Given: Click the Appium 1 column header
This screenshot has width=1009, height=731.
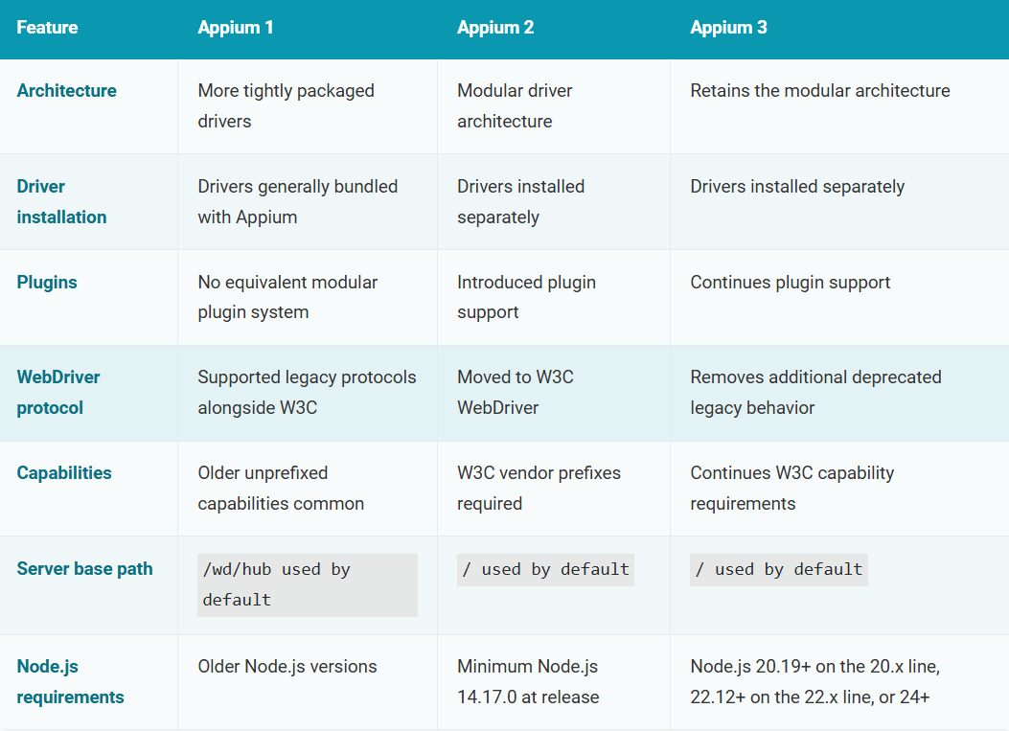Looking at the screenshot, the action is (x=236, y=28).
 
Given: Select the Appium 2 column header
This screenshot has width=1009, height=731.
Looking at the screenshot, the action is (x=495, y=28).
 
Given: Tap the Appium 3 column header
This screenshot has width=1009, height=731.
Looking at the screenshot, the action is (x=728, y=28).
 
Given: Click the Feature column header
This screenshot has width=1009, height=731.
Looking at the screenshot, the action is (x=47, y=28).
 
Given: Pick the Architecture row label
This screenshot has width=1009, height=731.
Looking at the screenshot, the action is (x=67, y=91).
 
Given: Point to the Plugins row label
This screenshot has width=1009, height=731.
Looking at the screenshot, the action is (x=47, y=283).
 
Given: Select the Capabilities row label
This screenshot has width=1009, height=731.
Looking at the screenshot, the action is (x=64, y=473).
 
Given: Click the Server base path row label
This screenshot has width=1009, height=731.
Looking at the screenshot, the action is (x=85, y=569).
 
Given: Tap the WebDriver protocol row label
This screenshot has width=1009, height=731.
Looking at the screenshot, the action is (x=58, y=393).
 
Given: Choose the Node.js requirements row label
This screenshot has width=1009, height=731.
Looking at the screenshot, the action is (x=70, y=681).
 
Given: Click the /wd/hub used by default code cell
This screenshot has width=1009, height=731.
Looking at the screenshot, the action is (x=308, y=585).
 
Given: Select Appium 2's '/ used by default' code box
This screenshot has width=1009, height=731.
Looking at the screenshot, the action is (x=545, y=570).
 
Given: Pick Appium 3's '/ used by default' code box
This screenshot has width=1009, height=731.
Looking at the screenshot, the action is (x=779, y=570).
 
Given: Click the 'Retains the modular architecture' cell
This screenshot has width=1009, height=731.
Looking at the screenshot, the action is (x=820, y=91).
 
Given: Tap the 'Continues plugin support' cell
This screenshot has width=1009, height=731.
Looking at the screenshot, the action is (x=791, y=283).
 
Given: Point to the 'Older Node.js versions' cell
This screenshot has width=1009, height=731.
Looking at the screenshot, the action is (x=287, y=667).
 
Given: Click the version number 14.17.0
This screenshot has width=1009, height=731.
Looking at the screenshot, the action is (x=486, y=697).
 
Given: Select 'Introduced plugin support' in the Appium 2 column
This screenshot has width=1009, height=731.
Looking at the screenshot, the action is (x=526, y=297).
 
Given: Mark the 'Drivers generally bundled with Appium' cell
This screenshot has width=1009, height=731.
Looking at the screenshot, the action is (x=298, y=201).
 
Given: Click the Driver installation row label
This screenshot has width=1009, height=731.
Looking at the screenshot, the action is (x=61, y=201).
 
